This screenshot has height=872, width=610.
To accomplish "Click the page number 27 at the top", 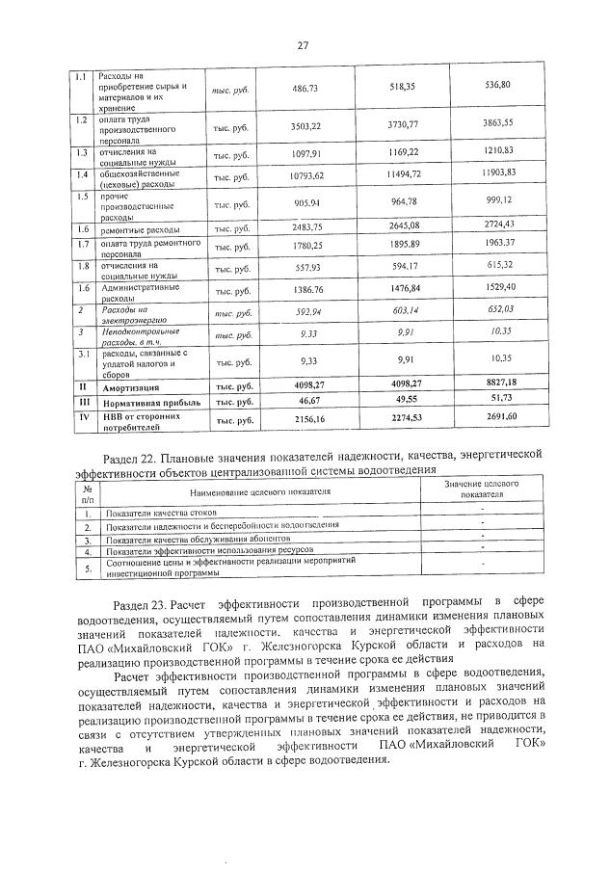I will pyautogui.click(x=302, y=45).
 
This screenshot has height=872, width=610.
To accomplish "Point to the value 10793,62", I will pyautogui.click(x=305, y=175).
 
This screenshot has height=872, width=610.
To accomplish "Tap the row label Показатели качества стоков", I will pyautogui.click(x=162, y=513).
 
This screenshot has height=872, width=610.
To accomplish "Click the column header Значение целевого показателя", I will pyautogui.click(x=482, y=487).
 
